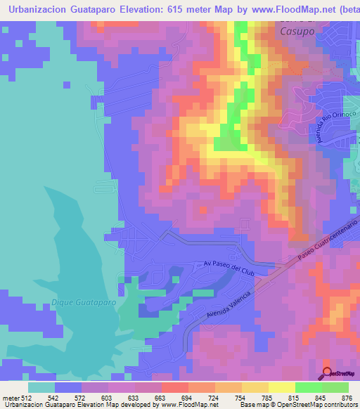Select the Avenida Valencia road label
[229, 306]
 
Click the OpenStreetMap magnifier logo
[327, 373]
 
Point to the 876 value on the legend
[347, 398]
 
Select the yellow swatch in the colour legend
[281, 387]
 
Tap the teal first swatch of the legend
[41, 387]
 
